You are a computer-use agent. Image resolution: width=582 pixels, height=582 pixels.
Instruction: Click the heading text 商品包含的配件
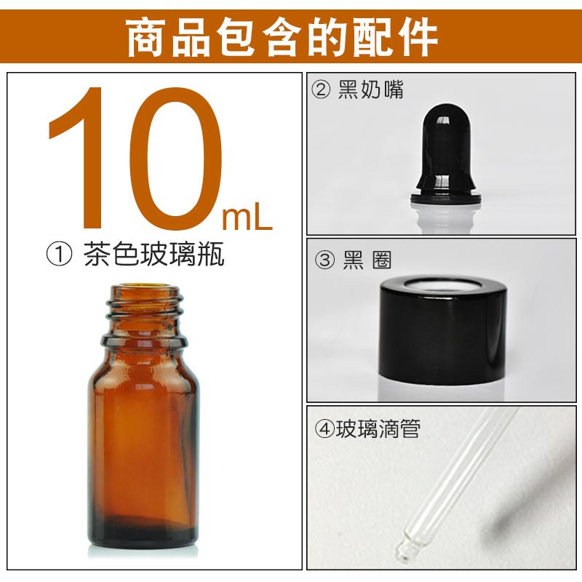click(282, 38)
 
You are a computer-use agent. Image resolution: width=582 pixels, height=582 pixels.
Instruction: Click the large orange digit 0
click(175, 158)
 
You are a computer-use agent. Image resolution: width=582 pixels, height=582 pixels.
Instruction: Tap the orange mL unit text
click(247, 219)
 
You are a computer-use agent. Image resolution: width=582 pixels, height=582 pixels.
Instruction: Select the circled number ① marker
click(59, 254)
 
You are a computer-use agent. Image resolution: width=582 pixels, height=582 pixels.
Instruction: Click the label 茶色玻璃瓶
click(154, 254)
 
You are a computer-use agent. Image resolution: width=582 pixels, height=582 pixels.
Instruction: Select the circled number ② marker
click(321, 90)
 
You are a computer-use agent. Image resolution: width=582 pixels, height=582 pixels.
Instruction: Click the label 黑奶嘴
click(371, 89)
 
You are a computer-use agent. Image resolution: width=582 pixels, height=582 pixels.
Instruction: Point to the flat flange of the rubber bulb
click(445, 198)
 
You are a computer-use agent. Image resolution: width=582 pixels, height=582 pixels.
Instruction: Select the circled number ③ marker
click(324, 260)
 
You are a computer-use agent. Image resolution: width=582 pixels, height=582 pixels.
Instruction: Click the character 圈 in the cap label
click(382, 260)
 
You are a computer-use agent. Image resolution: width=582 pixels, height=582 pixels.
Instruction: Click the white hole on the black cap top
click(443, 284)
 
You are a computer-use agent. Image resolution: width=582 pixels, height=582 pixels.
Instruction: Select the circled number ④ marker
click(324, 429)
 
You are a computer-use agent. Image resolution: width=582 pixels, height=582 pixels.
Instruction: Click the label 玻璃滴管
click(378, 429)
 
